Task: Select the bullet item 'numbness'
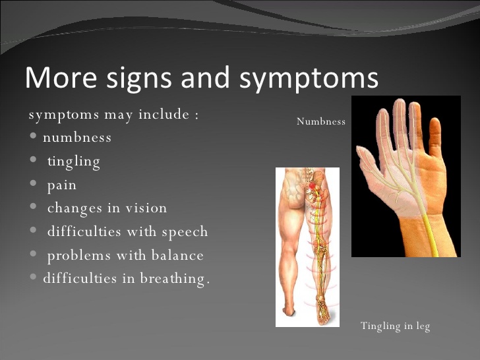[77, 137]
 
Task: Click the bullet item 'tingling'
[73, 161]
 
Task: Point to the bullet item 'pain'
[61, 185]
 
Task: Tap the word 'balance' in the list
[177, 255]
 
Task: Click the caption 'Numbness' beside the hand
[321, 121]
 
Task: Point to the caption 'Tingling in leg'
[395, 326]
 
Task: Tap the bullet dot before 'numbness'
[34, 137]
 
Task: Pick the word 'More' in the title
[54, 78]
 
